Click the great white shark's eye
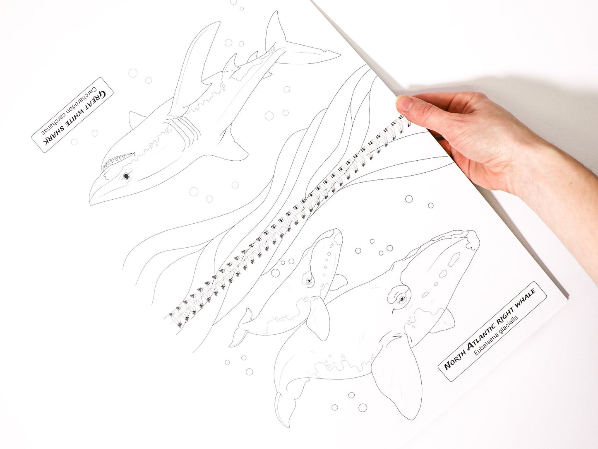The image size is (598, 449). pos(126,176)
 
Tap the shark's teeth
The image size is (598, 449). pos(118,161)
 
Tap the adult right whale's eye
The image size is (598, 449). pos(401,299)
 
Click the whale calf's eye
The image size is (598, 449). pos(309,280)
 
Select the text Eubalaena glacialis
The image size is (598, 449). pos(496,335)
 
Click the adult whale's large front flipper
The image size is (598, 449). pos(395,381)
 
